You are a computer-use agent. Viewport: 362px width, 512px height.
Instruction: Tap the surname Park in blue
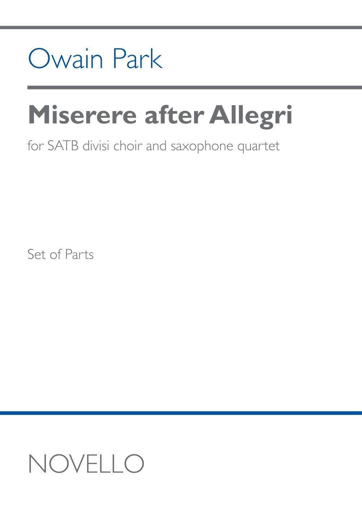click(x=138, y=59)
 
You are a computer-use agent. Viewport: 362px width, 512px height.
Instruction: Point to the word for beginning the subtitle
click(x=35, y=146)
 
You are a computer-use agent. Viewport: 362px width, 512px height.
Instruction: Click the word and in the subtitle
click(x=156, y=146)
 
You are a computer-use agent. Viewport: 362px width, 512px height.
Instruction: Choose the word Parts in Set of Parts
click(x=79, y=254)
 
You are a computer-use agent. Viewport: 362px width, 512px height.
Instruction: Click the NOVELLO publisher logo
click(x=86, y=463)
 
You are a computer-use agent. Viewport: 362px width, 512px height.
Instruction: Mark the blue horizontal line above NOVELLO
click(x=181, y=413)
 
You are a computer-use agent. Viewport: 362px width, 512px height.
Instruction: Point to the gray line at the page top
click(x=181, y=28)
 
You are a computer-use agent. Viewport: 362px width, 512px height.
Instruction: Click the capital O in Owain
click(x=38, y=59)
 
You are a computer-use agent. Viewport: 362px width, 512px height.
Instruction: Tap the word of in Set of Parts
click(x=56, y=254)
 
